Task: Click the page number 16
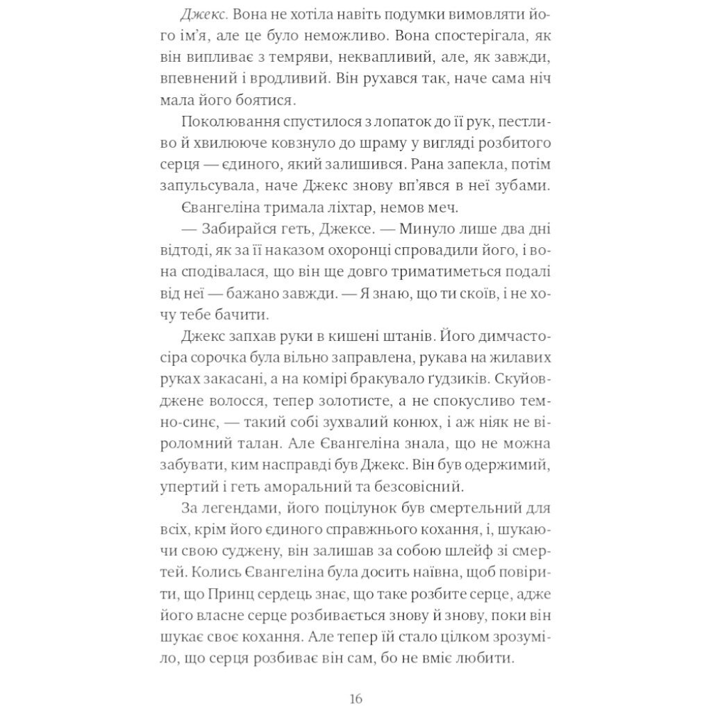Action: click(355, 698)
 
